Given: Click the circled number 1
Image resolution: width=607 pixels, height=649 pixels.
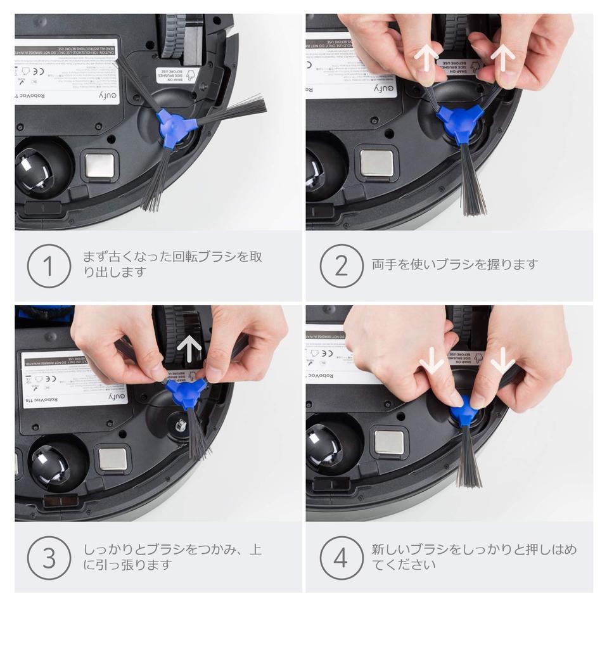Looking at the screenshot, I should pyautogui.click(x=48, y=266).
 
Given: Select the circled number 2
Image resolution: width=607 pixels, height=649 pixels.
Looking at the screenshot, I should pyautogui.click(x=341, y=266).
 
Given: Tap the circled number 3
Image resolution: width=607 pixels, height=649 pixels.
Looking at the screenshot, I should pyautogui.click(x=48, y=558).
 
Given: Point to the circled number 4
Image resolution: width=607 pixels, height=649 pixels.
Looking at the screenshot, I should pyautogui.click(x=341, y=558).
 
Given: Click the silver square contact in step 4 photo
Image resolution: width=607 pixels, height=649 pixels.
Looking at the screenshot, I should pyautogui.click(x=388, y=442).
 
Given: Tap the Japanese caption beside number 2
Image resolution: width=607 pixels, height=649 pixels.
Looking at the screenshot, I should pyautogui.click(x=454, y=264).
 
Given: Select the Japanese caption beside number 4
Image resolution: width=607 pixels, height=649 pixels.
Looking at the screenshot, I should pyautogui.click(x=473, y=557).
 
